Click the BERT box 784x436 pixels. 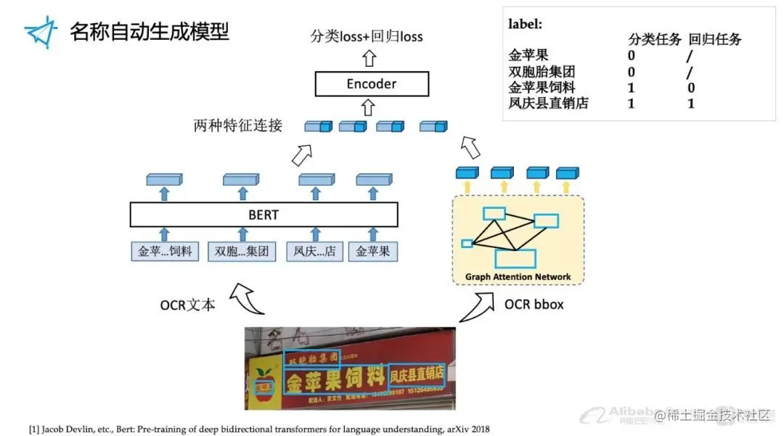pos(264,215)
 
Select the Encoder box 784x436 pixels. pos(371,84)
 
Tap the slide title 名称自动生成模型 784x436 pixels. pos(150,32)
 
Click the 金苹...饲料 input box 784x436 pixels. pos(165,252)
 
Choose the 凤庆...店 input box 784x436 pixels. pos(314,252)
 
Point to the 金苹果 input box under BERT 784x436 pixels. pos(372,252)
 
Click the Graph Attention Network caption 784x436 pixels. pos(518,276)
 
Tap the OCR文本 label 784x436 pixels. pos(188,305)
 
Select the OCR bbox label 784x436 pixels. pos(534,304)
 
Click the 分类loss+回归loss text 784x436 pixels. pos(367,36)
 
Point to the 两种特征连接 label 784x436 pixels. pos(237,126)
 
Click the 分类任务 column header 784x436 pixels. pos(654,40)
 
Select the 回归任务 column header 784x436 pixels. pos(715,40)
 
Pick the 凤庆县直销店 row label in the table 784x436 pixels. pos(549,103)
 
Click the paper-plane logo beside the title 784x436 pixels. pos(41,32)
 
